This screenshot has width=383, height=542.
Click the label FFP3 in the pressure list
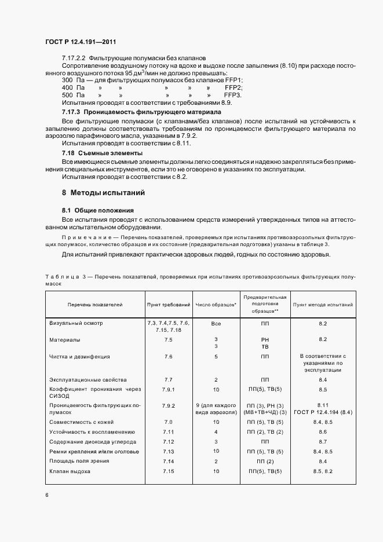pos(233,94)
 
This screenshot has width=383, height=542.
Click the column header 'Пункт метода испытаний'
pos(323,304)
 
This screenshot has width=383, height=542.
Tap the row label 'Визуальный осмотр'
pos(80,323)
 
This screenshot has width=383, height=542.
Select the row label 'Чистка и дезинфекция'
pos(79,357)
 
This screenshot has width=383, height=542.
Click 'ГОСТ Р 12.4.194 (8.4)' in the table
pos(323,412)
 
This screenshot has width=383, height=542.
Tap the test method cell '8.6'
pos(323,432)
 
